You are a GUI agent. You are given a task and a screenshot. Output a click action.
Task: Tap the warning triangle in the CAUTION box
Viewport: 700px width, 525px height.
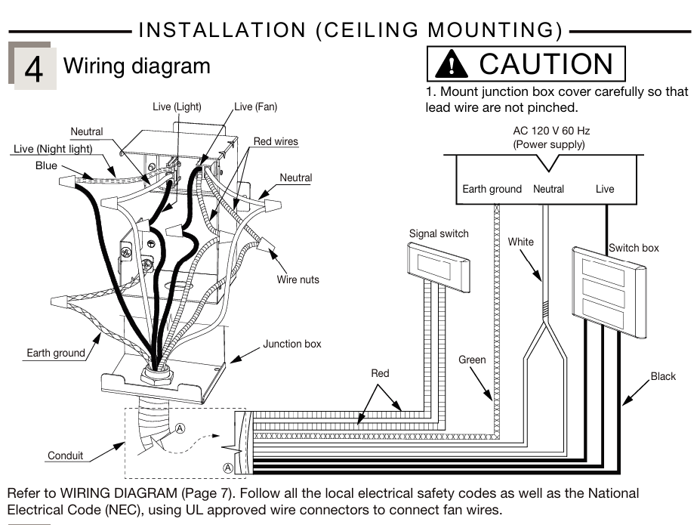coord(452,65)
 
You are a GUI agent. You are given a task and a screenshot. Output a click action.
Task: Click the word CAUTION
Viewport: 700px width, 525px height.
coord(546,64)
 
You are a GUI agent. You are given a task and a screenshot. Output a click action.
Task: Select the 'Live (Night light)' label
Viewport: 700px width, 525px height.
coord(53,149)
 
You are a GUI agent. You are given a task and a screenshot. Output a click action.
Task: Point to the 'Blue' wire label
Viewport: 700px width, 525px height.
coord(46,165)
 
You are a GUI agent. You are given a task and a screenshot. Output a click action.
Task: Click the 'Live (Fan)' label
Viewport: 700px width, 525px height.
coord(256,107)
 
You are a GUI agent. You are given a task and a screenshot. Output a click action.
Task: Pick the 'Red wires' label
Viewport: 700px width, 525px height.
coord(276,141)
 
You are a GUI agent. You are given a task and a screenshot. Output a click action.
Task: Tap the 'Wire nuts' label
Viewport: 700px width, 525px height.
coord(298,279)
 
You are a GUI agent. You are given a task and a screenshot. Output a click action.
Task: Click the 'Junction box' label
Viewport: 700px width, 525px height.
coord(291,344)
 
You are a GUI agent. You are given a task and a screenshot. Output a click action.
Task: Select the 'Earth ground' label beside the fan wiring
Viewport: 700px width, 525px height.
coord(56,353)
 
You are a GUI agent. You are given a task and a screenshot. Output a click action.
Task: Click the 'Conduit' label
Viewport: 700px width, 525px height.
coord(65,456)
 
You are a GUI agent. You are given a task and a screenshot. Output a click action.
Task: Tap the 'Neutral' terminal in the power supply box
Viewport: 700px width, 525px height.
coord(548,189)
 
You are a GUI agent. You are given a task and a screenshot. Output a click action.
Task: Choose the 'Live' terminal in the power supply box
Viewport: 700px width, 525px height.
coord(605,189)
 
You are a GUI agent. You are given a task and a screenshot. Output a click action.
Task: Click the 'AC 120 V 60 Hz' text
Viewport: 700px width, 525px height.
coord(551,131)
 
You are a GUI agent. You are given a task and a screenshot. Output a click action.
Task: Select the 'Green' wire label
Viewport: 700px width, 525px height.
coord(472,360)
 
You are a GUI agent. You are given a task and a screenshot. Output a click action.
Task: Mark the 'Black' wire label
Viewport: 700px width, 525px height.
coord(663,376)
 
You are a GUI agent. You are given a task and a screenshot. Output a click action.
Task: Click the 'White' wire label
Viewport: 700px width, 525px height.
coord(520,242)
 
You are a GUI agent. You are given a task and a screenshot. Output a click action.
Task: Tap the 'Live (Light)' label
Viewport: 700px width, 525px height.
coord(177,107)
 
